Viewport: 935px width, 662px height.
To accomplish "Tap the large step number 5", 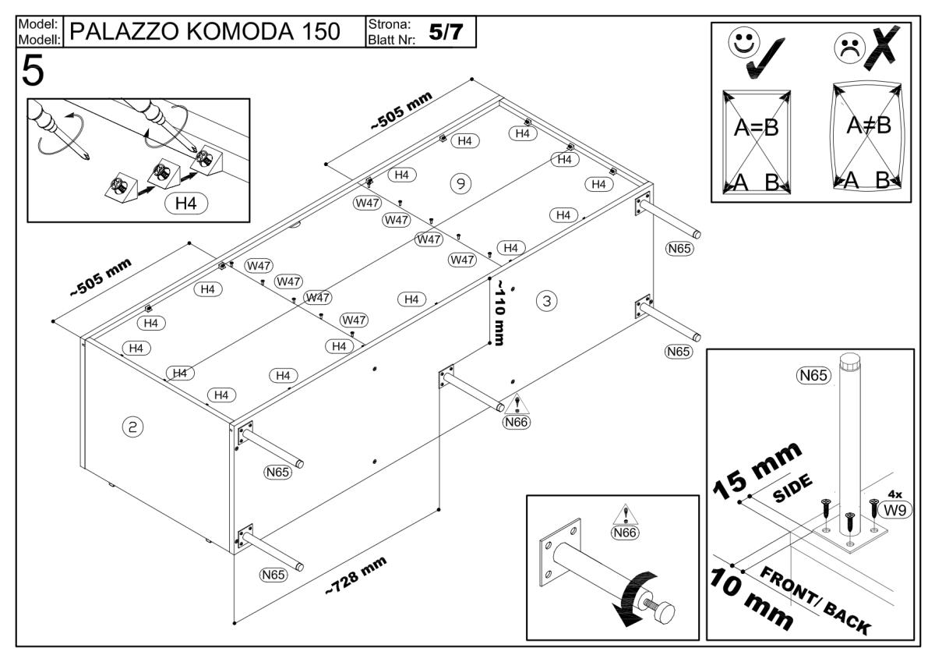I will (x=33, y=72).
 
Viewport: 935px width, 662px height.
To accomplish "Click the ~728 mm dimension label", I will (x=355, y=577).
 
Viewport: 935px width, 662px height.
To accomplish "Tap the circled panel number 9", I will (x=460, y=182).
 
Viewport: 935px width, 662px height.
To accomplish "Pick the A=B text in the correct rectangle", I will (x=757, y=127).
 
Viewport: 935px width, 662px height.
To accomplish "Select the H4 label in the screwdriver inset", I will (x=185, y=204).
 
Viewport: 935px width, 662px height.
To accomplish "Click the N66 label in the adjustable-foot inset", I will (x=625, y=533).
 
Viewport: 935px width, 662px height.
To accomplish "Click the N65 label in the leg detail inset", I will (x=813, y=376).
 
